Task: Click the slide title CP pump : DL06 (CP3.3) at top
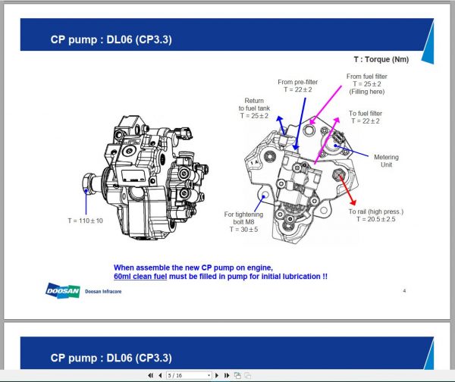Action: (x=111, y=39)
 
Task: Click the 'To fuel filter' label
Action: (x=369, y=113)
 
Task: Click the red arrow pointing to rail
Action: (x=348, y=192)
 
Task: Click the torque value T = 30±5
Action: (x=243, y=228)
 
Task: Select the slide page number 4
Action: (x=404, y=290)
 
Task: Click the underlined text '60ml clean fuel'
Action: (x=145, y=277)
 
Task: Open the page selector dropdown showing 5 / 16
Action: (x=189, y=375)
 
